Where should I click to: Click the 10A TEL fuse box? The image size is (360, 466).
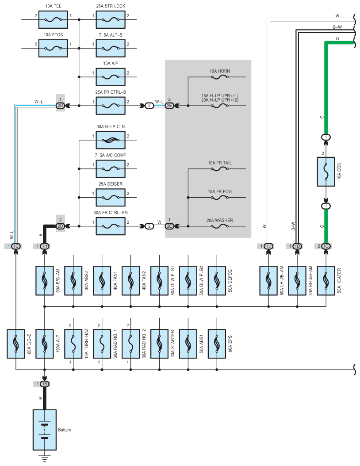coord(53,19)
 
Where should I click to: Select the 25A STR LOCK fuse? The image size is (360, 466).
coord(111,19)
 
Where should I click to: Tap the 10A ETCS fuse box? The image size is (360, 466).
coord(53,48)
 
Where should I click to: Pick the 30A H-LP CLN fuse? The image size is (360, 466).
coord(111,140)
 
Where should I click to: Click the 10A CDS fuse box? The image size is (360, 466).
coord(326,172)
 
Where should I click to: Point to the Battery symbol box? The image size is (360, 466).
coord(45,430)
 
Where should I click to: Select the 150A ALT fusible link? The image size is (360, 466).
coord(45,344)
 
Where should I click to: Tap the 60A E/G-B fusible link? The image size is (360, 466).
coord(16,344)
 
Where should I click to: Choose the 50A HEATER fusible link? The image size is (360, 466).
coord(326,281)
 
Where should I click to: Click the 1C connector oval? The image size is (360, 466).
coord(16,246)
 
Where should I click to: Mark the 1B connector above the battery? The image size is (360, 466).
coord(45,384)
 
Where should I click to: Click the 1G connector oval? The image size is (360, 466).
coord(326,246)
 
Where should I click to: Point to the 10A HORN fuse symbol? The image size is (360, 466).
coord(220,77)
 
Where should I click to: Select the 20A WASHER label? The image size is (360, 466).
coord(220,220)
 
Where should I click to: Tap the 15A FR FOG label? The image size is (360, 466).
coord(220,191)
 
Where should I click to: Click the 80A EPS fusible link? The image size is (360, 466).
coord(217,344)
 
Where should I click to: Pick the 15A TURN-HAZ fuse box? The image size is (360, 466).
coord(73,344)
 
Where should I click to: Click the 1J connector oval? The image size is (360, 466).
coord(268,246)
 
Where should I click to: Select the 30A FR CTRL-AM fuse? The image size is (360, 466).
coord(111,226)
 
